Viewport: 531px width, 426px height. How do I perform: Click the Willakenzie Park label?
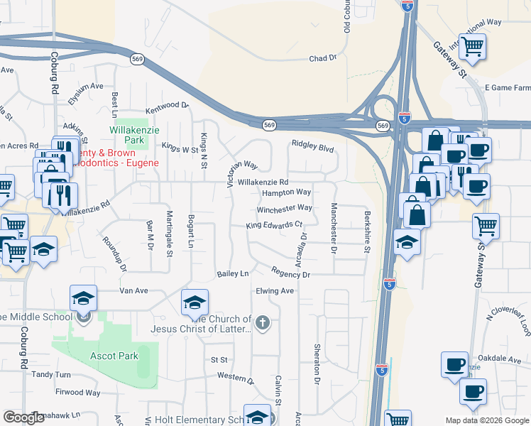click(128, 135)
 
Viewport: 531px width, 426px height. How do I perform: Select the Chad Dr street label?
click(322, 58)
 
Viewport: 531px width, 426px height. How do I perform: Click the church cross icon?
click(262, 324)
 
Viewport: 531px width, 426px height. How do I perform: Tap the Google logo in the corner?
click(23, 417)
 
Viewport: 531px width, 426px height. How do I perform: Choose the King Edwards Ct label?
click(274, 225)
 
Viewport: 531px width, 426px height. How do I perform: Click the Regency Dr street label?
click(291, 273)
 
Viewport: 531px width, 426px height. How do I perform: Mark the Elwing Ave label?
click(275, 291)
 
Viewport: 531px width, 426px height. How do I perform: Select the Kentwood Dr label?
click(168, 108)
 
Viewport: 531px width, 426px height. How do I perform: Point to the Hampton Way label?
click(287, 192)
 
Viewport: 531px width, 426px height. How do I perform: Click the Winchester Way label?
click(285, 208)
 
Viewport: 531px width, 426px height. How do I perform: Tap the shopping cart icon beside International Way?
click(473, 46)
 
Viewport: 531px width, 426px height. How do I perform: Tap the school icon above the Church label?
click(195, 302)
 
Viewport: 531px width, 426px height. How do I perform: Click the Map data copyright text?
click(486, 420)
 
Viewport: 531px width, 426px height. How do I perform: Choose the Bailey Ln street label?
click(233, 273)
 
